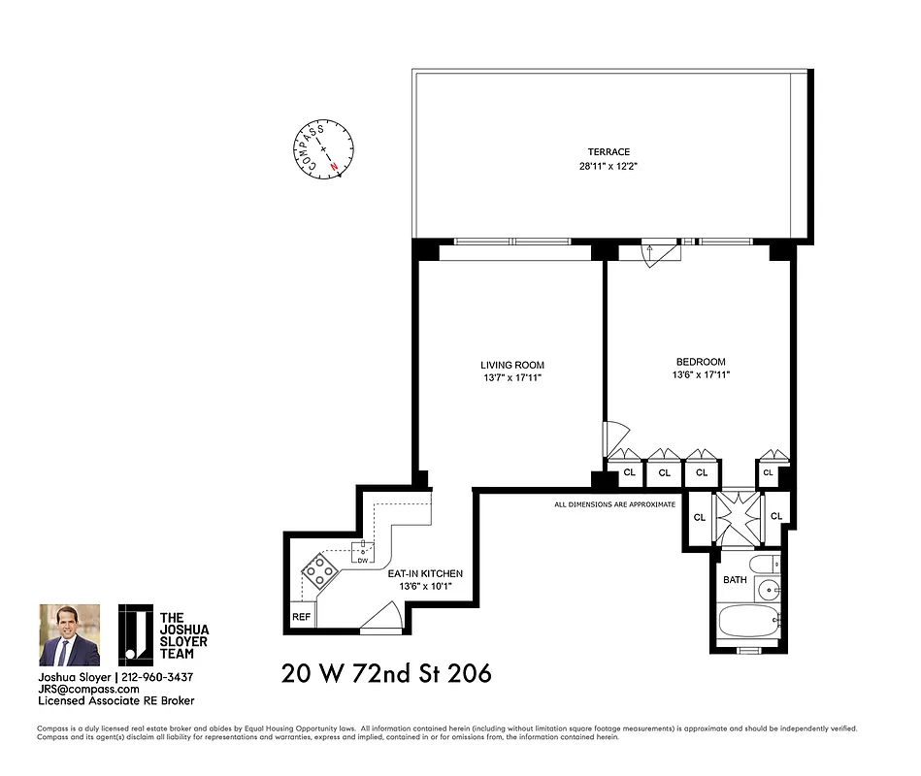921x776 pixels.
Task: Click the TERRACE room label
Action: [609, 151]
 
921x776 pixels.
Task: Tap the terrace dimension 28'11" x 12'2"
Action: [609, 166]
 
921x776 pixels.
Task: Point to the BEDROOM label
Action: [700, 362]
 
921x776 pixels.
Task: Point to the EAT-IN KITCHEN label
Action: [425, 573]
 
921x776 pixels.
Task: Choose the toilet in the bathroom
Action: [761, 564]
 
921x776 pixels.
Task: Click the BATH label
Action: [735, 580]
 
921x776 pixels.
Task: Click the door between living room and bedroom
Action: [612, 438]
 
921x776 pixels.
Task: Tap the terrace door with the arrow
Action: [662, 254]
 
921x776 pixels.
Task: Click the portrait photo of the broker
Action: [69, 635]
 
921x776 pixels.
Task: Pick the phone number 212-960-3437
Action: [157, 676]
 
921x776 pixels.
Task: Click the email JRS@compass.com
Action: [82, 688]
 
